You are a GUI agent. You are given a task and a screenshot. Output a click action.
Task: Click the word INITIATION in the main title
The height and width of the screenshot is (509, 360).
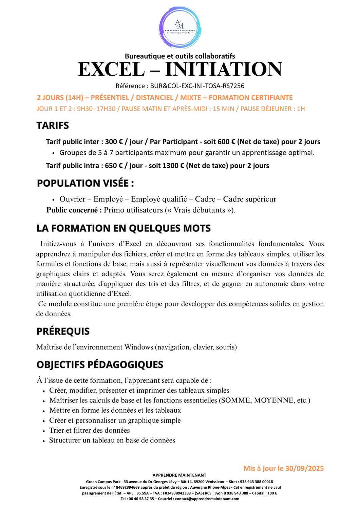click(224, 69)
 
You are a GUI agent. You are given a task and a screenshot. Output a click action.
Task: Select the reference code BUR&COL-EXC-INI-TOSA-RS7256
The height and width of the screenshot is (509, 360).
click(197, 86)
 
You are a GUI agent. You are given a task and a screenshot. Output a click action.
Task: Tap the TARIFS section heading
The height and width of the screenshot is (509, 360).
click(53, 126)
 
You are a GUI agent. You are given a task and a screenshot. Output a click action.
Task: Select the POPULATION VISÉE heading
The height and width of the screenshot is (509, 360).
click(85, 183)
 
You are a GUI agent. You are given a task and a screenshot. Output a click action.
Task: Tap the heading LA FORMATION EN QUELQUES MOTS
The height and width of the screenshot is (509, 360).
click(124, 228)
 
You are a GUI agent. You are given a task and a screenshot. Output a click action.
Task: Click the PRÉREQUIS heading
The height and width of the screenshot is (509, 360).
click(63, 331)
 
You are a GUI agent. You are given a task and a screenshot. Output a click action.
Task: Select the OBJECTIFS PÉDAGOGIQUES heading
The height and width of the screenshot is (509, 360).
click(100, 365)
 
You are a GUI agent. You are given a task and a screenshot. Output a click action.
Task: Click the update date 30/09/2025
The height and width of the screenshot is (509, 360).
click(304, 468)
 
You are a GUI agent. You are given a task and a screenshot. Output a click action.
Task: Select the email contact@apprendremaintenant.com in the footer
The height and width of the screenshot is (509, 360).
click(207, 499)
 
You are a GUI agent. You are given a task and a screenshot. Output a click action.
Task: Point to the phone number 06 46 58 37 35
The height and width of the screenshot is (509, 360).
click(142, 499)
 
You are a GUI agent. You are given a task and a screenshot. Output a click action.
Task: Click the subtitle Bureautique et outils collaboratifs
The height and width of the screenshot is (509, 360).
click(180, 56)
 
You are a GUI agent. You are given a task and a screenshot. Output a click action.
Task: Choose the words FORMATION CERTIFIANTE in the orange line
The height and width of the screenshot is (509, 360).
click(250, 98)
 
